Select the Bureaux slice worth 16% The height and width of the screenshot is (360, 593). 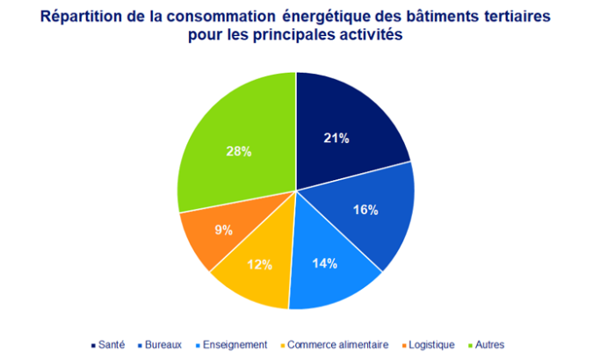coord(369,215)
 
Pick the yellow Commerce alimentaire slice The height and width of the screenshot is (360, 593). coord(255,272)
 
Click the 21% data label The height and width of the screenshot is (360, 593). coord(337,138)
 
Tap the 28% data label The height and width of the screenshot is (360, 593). coord(238,151)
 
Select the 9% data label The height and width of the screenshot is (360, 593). coord(223,230)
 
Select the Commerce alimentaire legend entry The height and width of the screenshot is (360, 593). coord(333,344)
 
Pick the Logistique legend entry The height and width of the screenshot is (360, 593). coord(425,344)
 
